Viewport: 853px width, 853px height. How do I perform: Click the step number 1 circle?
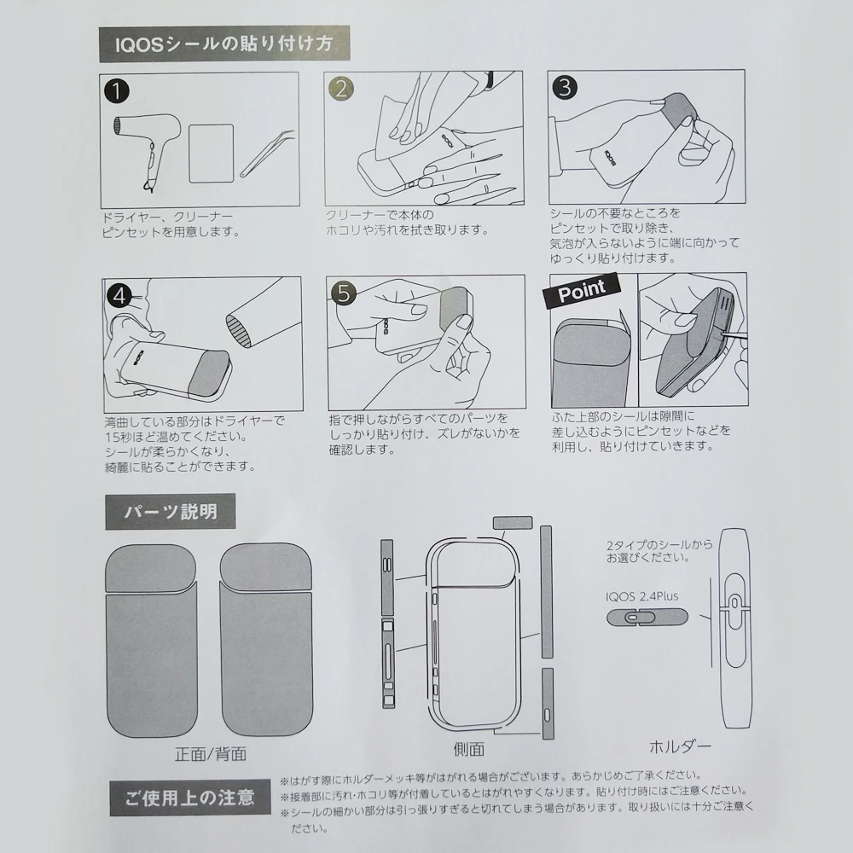[116, 91]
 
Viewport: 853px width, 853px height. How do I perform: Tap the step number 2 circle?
[341, 90]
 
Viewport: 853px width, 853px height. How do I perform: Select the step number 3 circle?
[565, 87]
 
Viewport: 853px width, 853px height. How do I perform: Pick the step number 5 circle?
[344, 293]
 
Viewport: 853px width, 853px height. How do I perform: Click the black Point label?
[582, 290]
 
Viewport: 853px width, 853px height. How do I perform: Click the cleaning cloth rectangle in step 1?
[212, 154]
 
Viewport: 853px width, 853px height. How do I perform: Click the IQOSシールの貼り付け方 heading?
[223, 44]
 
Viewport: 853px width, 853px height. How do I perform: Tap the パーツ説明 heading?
[171, 511]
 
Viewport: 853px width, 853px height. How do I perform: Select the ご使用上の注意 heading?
[190, 798]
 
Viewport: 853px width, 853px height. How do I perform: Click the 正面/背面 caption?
[211, 754]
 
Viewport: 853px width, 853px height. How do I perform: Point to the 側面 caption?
[469, 750]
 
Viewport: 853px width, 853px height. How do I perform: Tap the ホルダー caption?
[680, 747]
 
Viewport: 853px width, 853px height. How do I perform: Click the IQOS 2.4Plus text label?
[642, 596]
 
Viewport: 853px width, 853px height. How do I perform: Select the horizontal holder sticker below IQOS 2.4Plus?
[647, 618]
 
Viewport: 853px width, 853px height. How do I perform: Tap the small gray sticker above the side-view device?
[513, 523]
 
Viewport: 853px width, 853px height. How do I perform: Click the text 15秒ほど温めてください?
[177, 437]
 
